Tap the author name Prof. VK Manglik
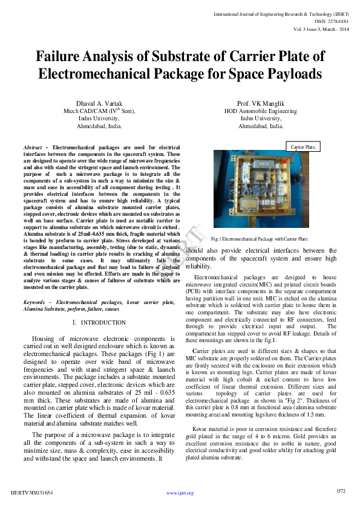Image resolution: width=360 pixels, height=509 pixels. point(260,104)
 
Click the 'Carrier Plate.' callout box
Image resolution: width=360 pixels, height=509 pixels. point(303,146)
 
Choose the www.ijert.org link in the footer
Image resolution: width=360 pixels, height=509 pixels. point(180,493)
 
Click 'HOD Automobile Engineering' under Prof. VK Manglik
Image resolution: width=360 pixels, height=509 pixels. point(260,111)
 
